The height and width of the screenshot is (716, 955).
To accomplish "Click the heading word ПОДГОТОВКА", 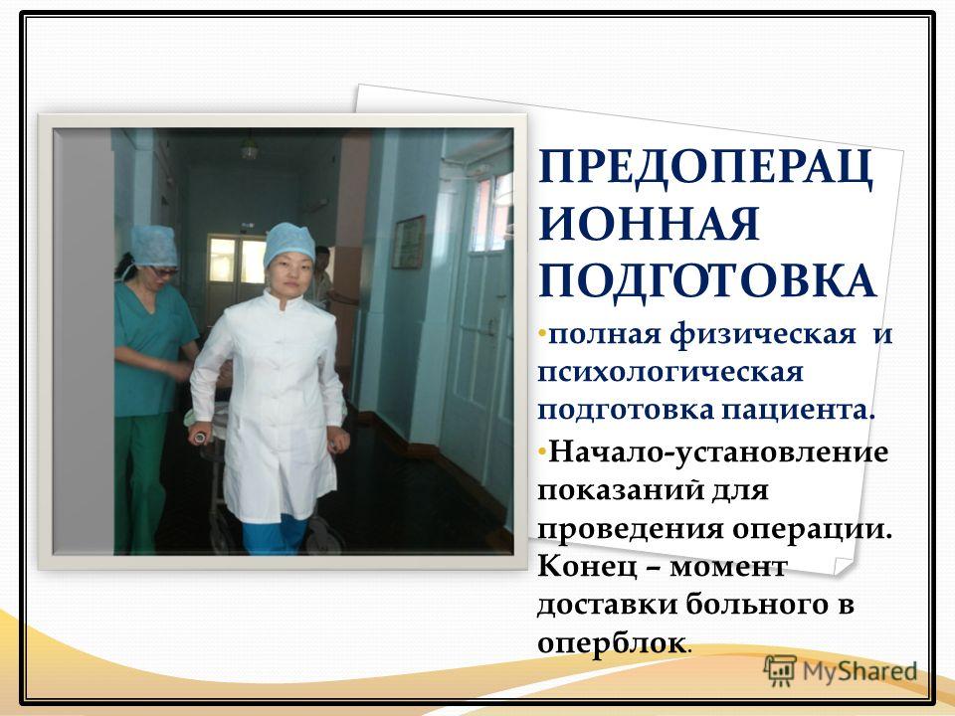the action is (707, 280).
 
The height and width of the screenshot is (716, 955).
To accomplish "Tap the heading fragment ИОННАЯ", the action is (650, 224).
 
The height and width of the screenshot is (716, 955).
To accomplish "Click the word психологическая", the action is (669, 373).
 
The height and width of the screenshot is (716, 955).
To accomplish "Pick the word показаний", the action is (622, 490).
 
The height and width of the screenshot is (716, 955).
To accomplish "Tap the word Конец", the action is (587, 568).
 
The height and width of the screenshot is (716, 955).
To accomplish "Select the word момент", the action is (727, 569).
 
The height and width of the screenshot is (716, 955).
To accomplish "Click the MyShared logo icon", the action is (780, 671).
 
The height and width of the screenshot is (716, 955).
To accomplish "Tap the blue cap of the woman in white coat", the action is (288, 243).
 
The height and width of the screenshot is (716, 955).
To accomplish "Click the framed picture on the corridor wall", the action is (408, 243).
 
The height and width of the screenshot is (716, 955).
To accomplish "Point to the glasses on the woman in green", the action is (163, 270).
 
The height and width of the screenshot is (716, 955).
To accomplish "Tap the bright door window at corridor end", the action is (237, 261).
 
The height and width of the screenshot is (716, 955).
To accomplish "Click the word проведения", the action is (630, 530).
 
